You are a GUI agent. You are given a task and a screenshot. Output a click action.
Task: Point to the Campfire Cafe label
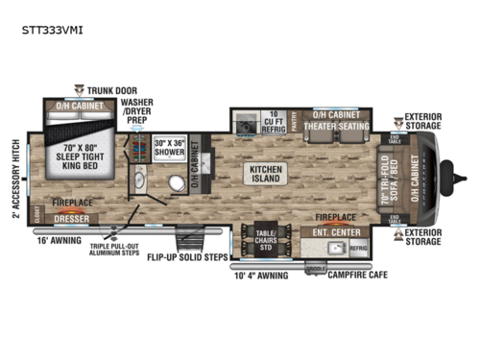(363, 282)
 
